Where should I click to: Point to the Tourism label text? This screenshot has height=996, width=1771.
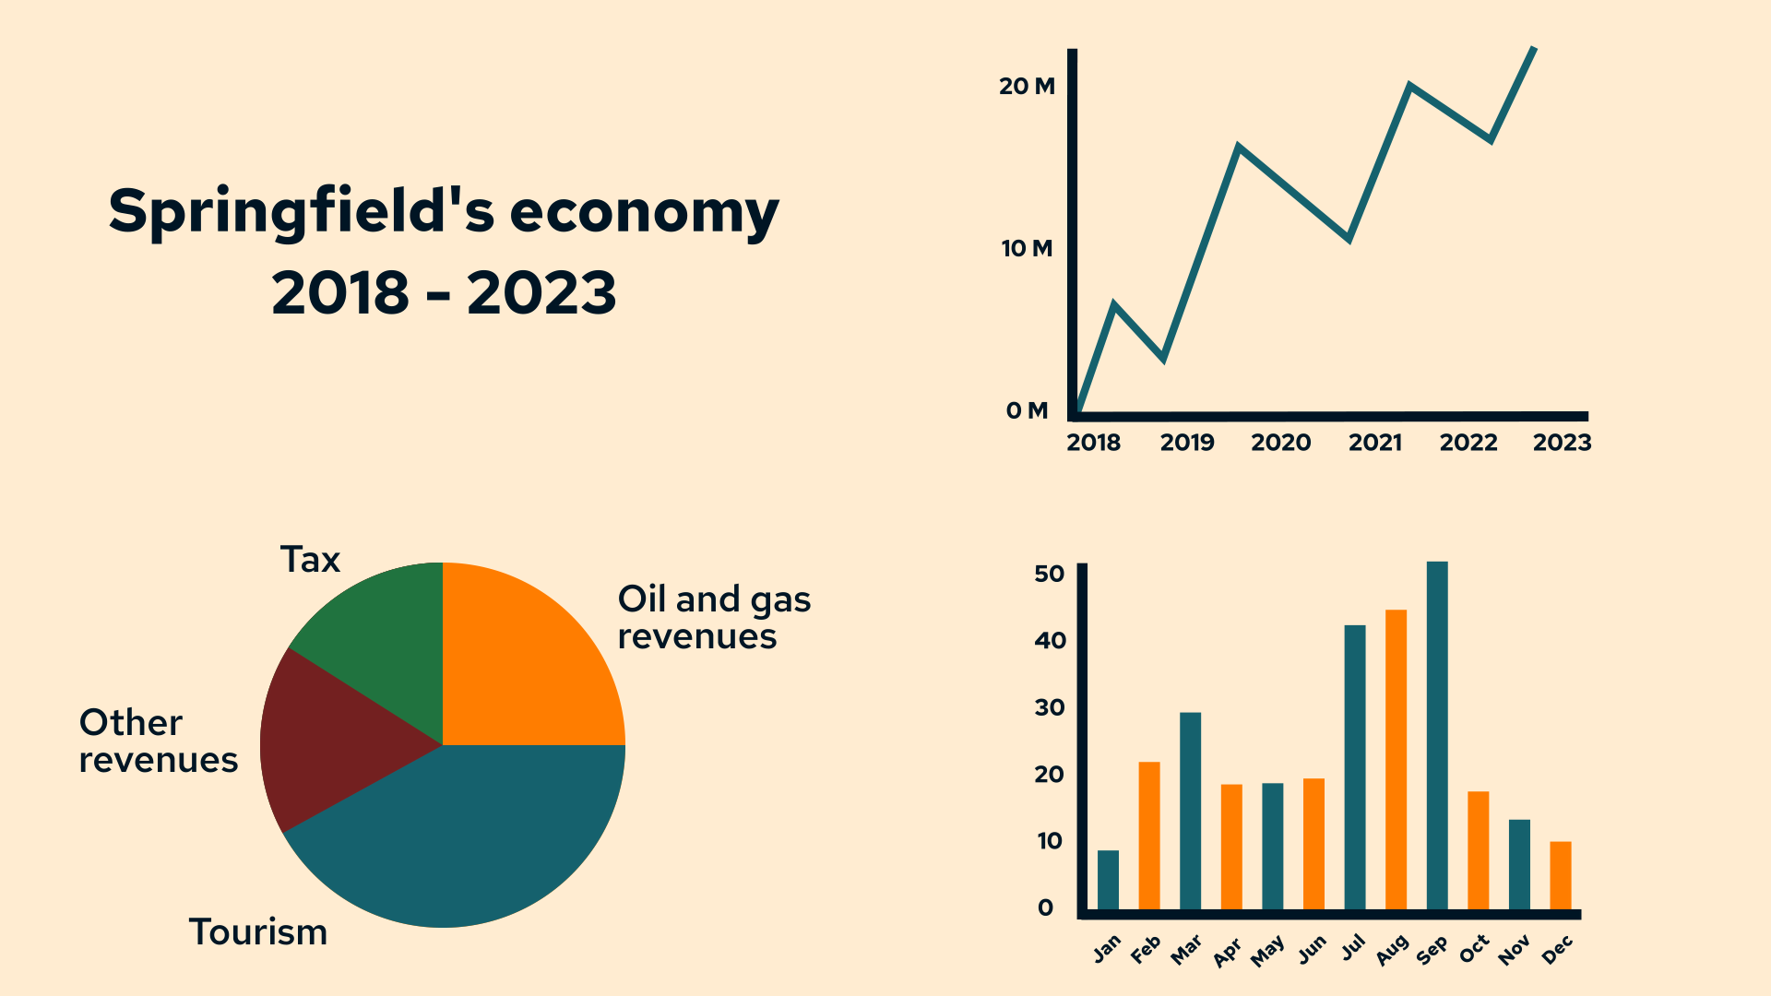click(x=258, y=932)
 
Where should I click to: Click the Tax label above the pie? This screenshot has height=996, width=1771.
click(x=310, y=560)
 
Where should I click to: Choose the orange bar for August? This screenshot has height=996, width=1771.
click(x=1396, y=760)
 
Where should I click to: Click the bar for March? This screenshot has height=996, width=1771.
click(x=1190, y=811)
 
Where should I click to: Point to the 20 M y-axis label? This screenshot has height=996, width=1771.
click(x=1027, y=87)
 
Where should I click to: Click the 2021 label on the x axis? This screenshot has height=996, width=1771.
click(x=1374, y=444)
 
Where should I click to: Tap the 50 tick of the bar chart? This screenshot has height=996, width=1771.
click(x=1050, y=574)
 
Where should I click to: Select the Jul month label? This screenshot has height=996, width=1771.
click(x=1353, y=948)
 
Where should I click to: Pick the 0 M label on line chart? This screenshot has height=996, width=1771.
click(x=1027, y=411)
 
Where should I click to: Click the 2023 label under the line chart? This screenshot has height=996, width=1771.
click(x=1562, y=444)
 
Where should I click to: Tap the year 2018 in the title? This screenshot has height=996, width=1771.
click(x=340, y=294)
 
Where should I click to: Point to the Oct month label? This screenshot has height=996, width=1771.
click(x=1474, y=948)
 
